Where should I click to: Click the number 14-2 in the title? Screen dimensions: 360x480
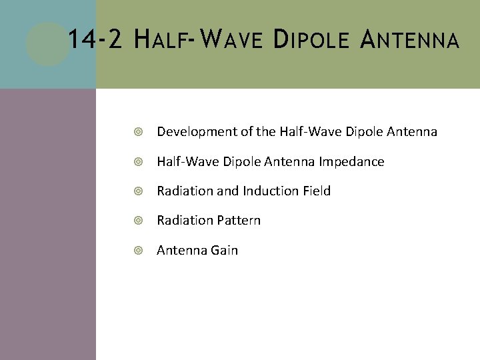(95, 41)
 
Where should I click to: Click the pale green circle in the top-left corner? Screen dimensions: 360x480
(47, 44)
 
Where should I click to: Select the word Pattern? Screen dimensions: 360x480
(239, 220)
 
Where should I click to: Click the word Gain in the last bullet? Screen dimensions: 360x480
(224, 250)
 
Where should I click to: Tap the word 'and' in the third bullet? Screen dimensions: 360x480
(227, 191)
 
